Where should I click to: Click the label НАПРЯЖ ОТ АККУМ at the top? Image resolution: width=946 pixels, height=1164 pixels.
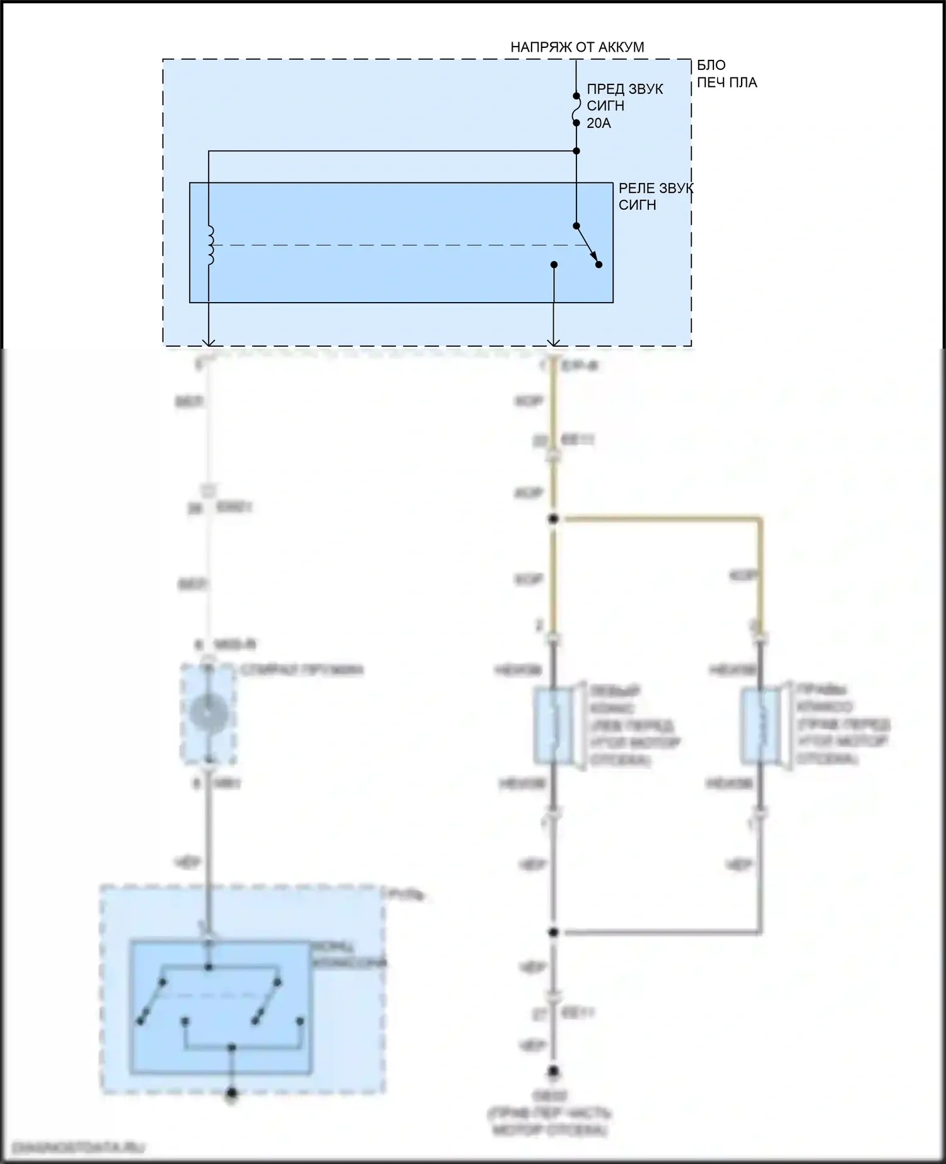point(577,47)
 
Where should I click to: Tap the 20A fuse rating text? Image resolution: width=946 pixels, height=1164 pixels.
point(599,124)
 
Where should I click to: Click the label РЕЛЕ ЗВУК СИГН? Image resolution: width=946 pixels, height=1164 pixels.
point(655,197)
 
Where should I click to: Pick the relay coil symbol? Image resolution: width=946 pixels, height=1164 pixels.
point(211,245)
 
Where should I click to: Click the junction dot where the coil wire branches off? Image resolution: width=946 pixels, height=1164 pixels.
point(576,151)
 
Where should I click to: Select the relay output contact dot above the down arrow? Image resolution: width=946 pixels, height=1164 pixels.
point(554,265)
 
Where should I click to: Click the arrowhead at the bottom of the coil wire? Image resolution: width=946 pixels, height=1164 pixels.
point(209,342)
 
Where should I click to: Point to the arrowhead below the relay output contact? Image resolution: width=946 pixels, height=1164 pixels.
point(554,342)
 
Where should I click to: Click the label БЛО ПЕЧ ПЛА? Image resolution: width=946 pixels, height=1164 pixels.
point(725,74)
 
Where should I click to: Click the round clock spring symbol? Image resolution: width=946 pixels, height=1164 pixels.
point(209,713)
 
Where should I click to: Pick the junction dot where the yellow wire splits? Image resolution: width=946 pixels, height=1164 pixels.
point(554,519)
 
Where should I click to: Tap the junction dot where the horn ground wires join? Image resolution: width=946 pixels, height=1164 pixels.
point(554,932)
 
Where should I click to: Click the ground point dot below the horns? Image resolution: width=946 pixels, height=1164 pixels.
point(554,1071)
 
